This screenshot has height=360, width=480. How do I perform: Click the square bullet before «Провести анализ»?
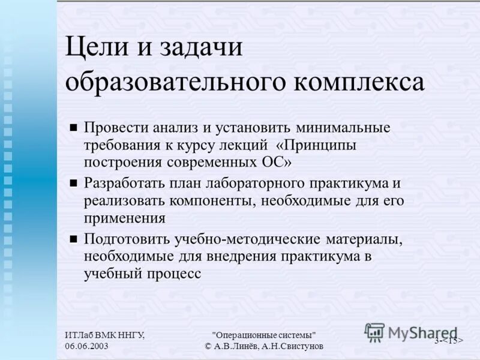(74, 127)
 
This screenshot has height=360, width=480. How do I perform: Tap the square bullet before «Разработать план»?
(74, 182)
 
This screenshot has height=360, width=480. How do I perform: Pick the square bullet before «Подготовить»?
(74, 238)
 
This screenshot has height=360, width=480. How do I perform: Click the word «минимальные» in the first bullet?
(343, 128)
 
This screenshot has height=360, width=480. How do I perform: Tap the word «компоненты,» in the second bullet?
(209, 200)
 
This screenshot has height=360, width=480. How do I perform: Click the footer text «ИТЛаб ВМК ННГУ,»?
(104, 335)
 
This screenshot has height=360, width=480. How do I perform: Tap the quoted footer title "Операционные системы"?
(264, 335)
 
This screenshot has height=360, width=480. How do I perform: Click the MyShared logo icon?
(374, 332)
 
